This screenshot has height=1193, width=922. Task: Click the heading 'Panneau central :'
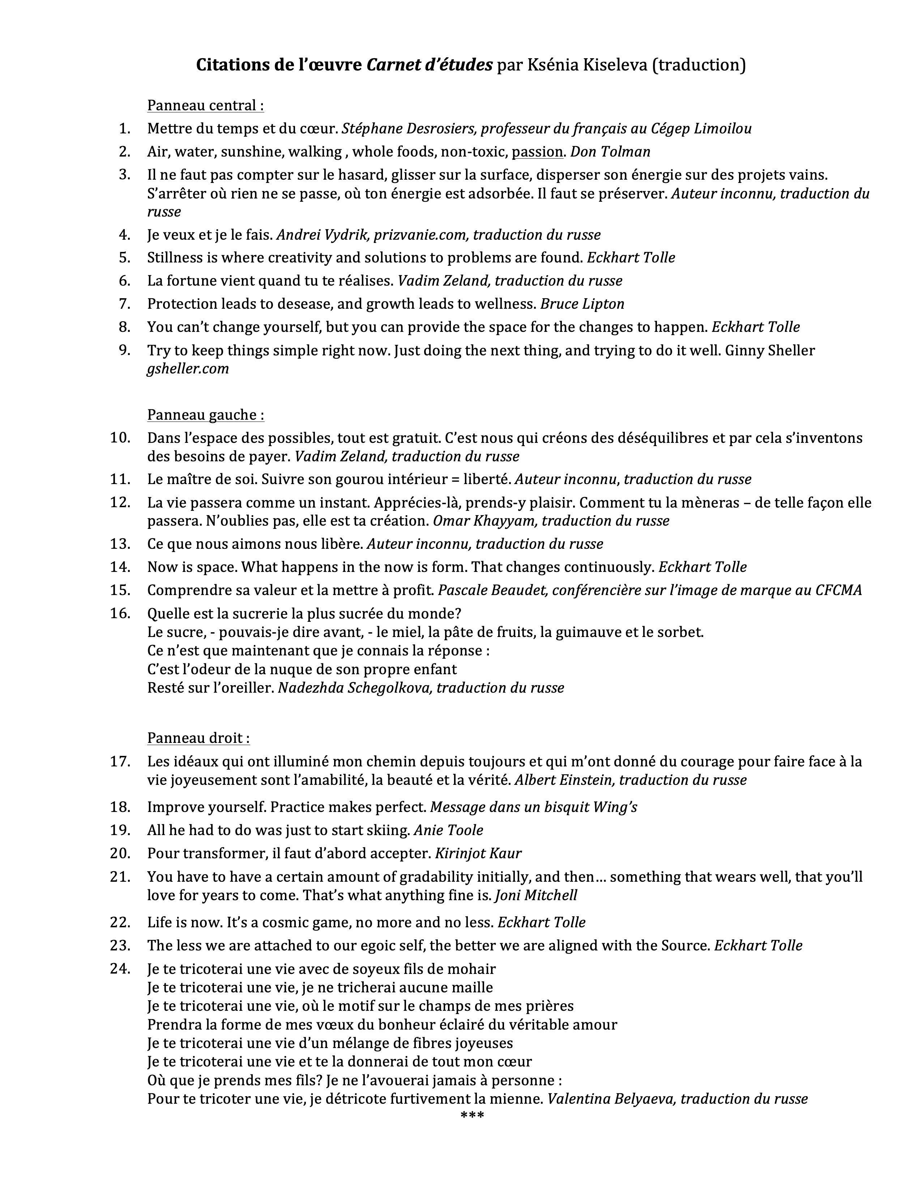pos(205,106)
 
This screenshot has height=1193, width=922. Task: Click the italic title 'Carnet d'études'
pos(429,65)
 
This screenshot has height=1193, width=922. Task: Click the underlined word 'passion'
pos(537,151)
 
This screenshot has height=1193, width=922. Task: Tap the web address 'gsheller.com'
pos(188,369)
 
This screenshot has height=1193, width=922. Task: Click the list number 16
pos(120,613)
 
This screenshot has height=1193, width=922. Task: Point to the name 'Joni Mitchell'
pos(536,895)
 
